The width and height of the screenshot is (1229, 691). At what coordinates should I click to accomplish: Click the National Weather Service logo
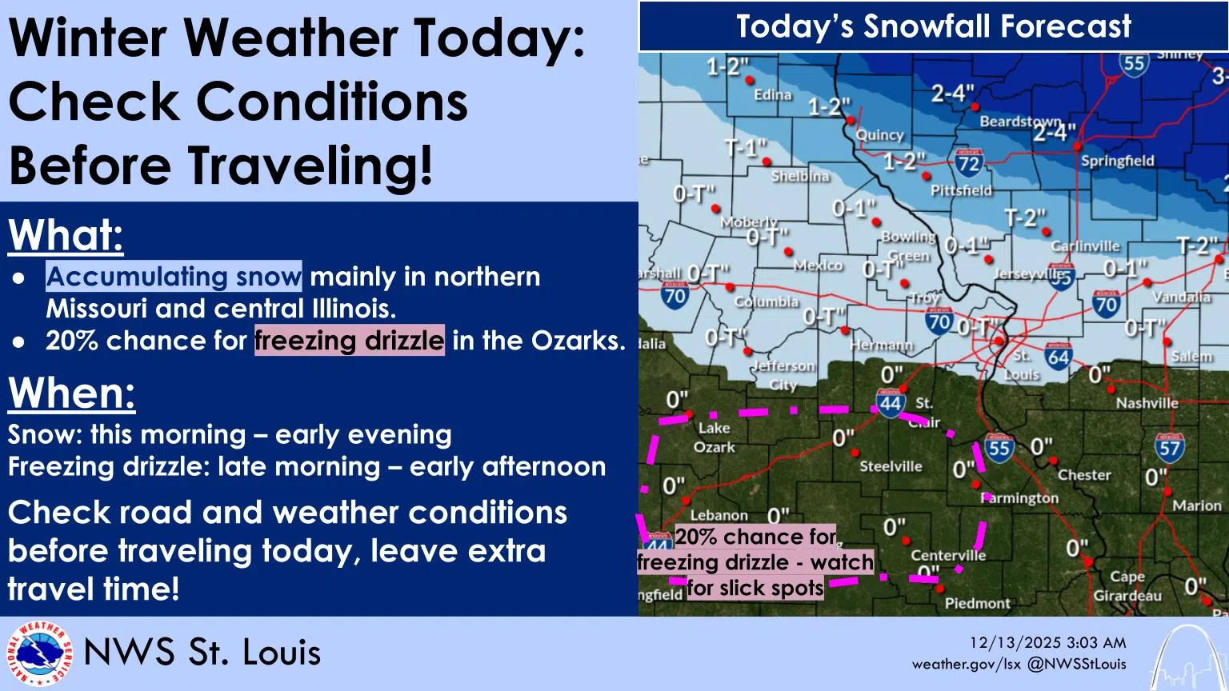coord(38,654)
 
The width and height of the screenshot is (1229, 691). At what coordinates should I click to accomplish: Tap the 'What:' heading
coord(66,235)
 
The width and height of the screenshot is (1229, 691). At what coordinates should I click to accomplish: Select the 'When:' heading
coord(72,393)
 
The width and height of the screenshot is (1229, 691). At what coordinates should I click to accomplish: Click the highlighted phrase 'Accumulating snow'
coord(174,277)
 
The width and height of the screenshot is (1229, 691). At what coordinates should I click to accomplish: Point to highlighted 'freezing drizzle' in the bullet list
coord(349,341)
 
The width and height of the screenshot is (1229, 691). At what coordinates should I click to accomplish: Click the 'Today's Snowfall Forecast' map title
coord(933,26)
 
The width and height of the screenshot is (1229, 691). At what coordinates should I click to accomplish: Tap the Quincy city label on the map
coord(879,135)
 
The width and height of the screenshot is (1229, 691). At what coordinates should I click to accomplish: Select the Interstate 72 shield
coord(969,162)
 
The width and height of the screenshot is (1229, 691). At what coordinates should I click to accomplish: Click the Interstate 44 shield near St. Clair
coord(891,402)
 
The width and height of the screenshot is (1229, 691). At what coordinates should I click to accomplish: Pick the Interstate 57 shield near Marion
coord(1169,447)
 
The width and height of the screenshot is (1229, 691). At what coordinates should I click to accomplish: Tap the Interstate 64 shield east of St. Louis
coord(1058,356)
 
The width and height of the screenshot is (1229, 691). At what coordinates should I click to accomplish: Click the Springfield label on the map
coord(1117,161)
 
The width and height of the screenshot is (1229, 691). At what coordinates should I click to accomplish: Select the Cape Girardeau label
coord(1127,586)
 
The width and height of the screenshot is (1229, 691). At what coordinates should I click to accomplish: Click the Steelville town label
coord(891,466)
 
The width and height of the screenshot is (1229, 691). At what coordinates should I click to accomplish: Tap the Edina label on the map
coord(772,94)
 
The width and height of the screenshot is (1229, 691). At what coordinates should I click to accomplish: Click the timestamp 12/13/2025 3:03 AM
coord(1047,642)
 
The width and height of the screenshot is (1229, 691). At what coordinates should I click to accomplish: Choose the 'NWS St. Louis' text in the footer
coord(202,653)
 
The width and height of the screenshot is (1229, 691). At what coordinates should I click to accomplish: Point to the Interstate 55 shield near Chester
coord(999,447)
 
